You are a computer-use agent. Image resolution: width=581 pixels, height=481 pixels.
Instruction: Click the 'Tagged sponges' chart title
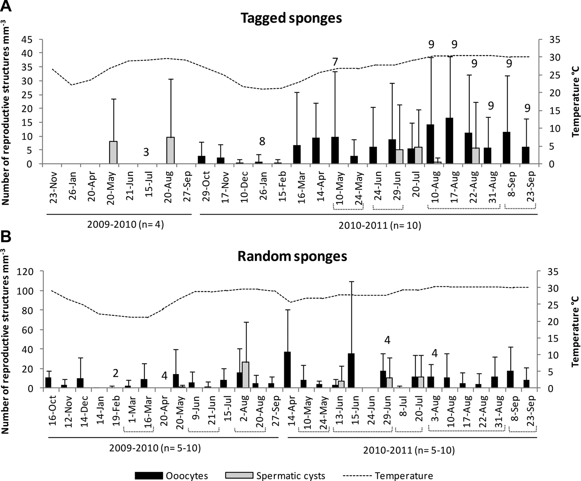292,18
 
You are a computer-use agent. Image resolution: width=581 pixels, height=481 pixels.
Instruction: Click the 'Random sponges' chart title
292,256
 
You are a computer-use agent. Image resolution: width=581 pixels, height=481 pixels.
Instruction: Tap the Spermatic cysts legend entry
275,476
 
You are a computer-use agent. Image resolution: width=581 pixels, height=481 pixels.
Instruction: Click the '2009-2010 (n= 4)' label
126,225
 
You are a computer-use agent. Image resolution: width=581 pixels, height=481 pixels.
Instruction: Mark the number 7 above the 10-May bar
335,62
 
